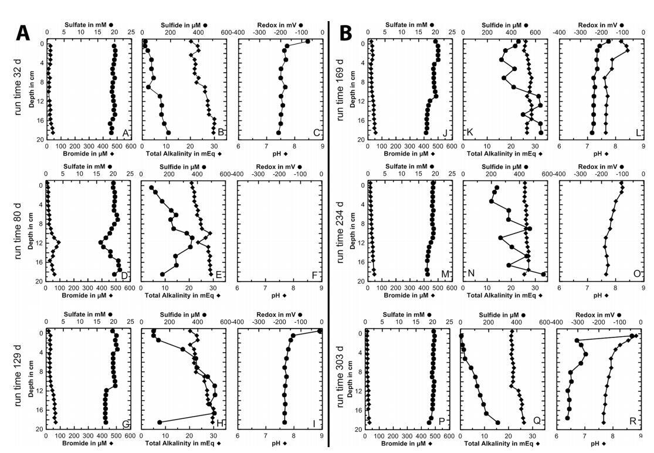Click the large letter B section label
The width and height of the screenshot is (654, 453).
pyautogui.click(x=345, y=32)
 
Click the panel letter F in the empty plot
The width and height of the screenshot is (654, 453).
pyautogui.click(x=316, y=274)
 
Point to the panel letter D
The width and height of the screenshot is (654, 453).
pyautogui.click(x=124, y=274)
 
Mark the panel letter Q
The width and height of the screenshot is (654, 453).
pyautogui.click(x=536, y=420)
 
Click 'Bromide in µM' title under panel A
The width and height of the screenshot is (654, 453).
pyautogui.click(x=87, y=154)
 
